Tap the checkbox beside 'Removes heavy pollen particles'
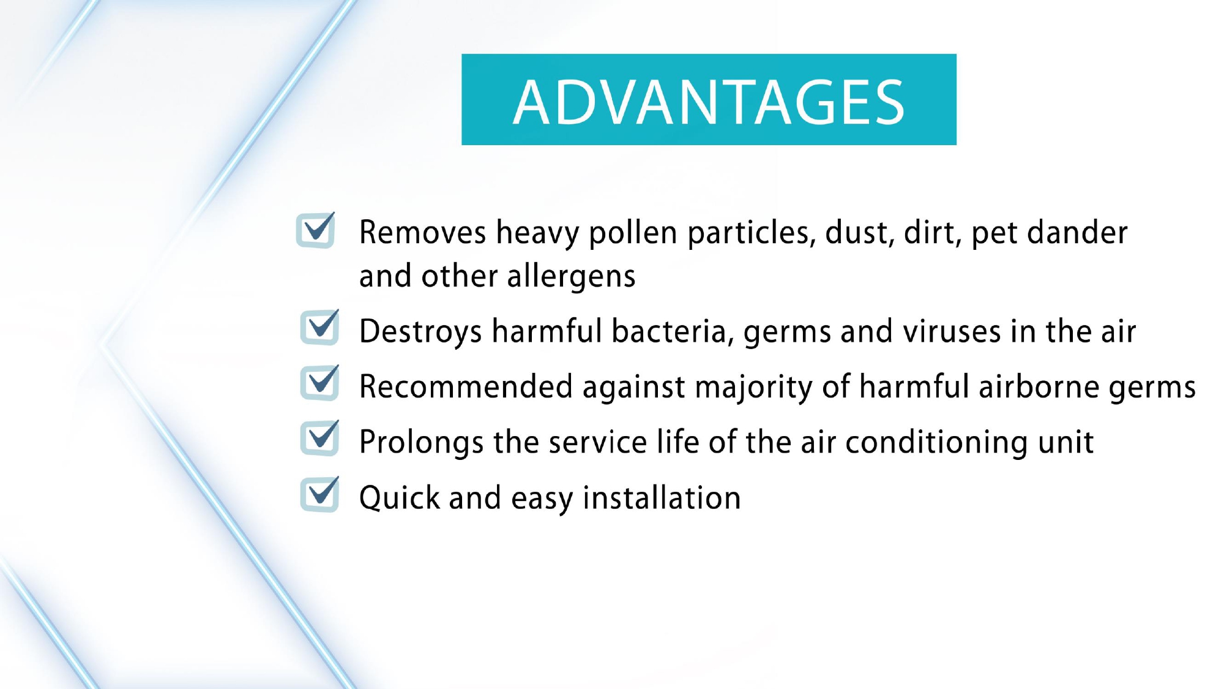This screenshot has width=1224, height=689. coord(316,230)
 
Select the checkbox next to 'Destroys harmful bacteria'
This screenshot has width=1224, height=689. coord(319,327)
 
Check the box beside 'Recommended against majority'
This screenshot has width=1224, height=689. coord(319,382)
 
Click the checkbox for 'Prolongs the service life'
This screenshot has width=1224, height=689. coord(319,438)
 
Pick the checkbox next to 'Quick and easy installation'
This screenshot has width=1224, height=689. coord(319,494)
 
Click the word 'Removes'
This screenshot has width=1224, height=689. coord(422,233)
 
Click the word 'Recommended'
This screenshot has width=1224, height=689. coord(466,387)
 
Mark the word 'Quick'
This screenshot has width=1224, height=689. coord(400,498)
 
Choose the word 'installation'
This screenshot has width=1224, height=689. coord(662,497)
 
